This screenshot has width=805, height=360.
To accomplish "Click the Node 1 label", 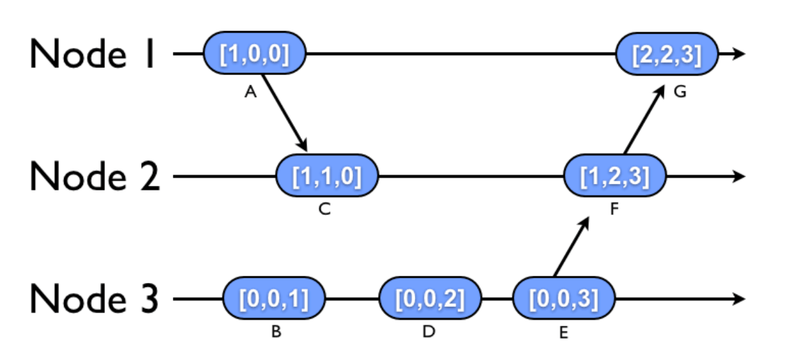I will click(93, 54).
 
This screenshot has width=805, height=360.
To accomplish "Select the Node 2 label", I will click(94, 177).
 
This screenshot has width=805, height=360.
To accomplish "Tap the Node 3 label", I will click(94, 300).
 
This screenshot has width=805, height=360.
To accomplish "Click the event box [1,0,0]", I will click(254, 54).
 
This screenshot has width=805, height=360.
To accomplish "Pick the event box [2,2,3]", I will click(667, 54).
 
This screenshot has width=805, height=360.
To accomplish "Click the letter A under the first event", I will click(250, 93).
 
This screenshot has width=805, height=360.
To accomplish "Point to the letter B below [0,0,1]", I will click(276, 333).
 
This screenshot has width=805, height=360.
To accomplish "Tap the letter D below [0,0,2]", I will click(428, 333).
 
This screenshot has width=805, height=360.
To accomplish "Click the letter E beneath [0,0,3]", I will click(563, 333).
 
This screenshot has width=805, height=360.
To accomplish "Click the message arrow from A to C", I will click(285, 111).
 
